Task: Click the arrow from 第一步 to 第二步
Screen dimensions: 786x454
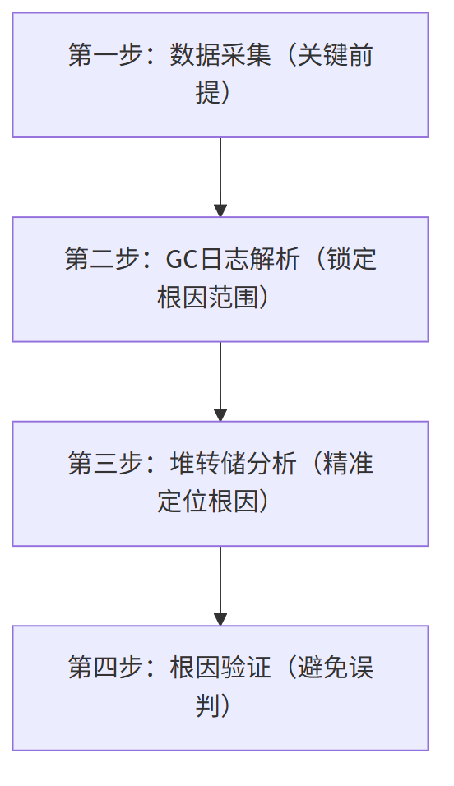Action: (220, 177)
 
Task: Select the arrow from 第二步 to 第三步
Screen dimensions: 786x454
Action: (220, 381)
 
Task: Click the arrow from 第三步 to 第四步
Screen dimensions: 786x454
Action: (220, 586)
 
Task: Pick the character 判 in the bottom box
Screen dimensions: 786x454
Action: (206, 706)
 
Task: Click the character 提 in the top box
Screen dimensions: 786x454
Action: (206, 94)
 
